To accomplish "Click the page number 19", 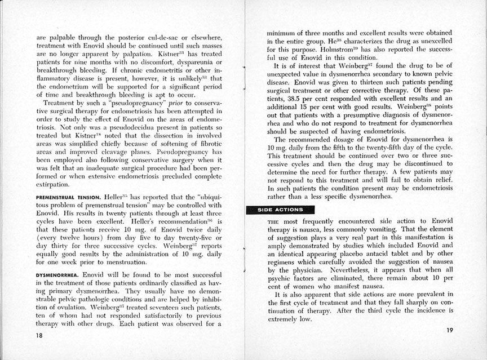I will [x=449, y=330].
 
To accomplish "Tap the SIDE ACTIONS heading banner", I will [x=277, y=210].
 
